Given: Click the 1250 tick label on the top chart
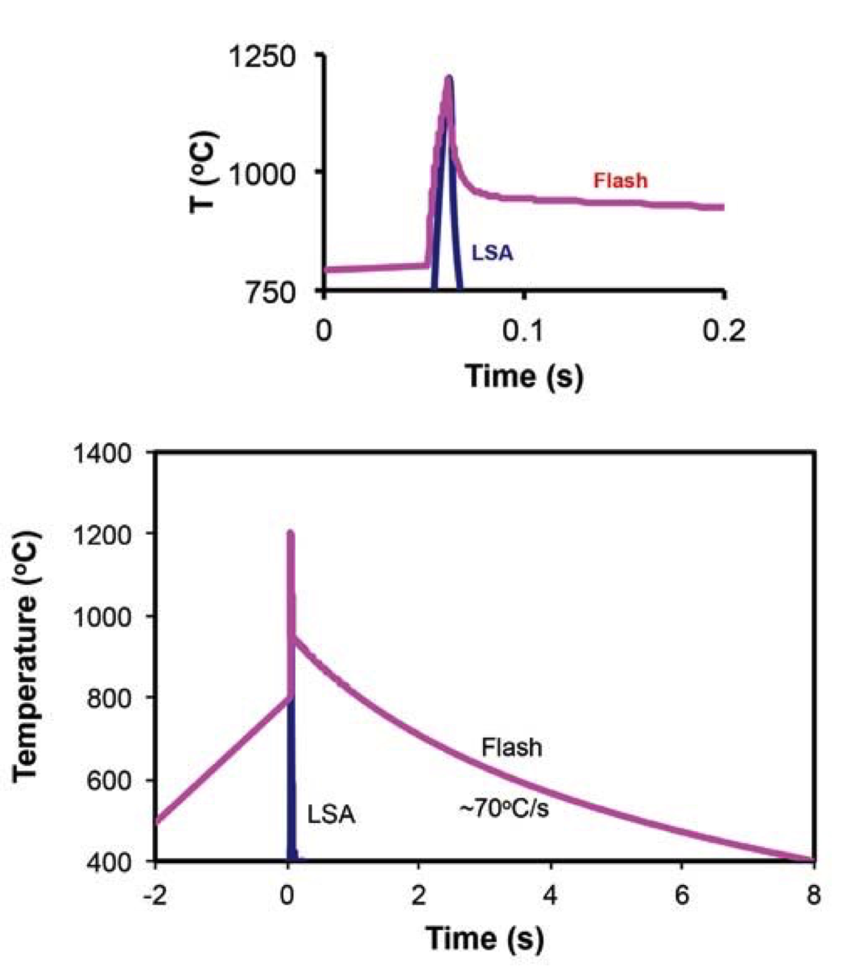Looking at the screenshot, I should pyautogui.click(x=263, y=57).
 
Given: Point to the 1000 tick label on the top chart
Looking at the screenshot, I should pyautogui.click(x=263, y=173).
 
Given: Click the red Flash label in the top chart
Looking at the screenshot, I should pyautogui.click(x=620, y=180).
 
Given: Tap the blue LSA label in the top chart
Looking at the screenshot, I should pyautogui.click(x=492, y=253).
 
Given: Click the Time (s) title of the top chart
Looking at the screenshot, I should pyautogui.click(x=524, y=375).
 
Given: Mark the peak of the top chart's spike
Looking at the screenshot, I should pyautogui.click(x=448, y=78).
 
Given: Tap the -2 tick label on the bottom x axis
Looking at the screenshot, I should pyautogui.click(x=155, y=895).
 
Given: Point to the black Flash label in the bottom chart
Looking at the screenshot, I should pyautogui.click(x=511, y=747).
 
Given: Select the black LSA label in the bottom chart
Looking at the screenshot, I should pyautogui.click(x=331, y=814).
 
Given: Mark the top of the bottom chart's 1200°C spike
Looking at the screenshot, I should pyautogui.click(x=290, y=533).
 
